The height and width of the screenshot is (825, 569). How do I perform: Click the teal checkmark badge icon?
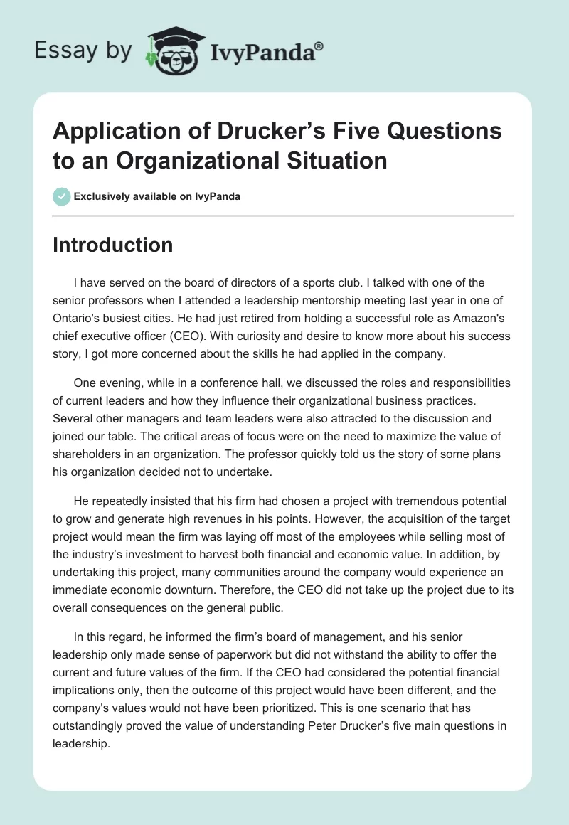(62, 196)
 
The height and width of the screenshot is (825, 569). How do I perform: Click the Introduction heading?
(113, 245)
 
